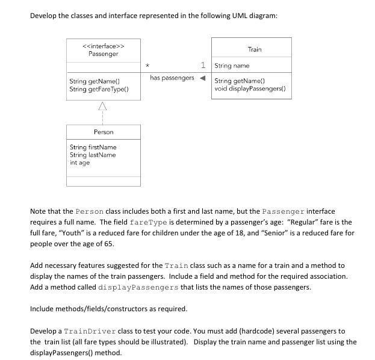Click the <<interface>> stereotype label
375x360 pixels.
[x=104, y=46]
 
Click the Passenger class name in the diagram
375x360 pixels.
[x=104, y=54]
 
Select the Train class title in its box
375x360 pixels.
[x=254, y=49]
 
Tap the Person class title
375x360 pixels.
[x=104, y=131]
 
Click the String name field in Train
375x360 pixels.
[x=232, y=66]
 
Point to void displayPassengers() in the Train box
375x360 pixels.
[x=249, y=88]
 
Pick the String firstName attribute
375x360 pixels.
[x=93, y=147]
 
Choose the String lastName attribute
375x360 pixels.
[x=93, y=155]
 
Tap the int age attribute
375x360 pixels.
[x=79, y=163]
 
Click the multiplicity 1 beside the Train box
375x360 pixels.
[x=204, y=65]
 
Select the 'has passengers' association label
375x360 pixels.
[x=172, y=78]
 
